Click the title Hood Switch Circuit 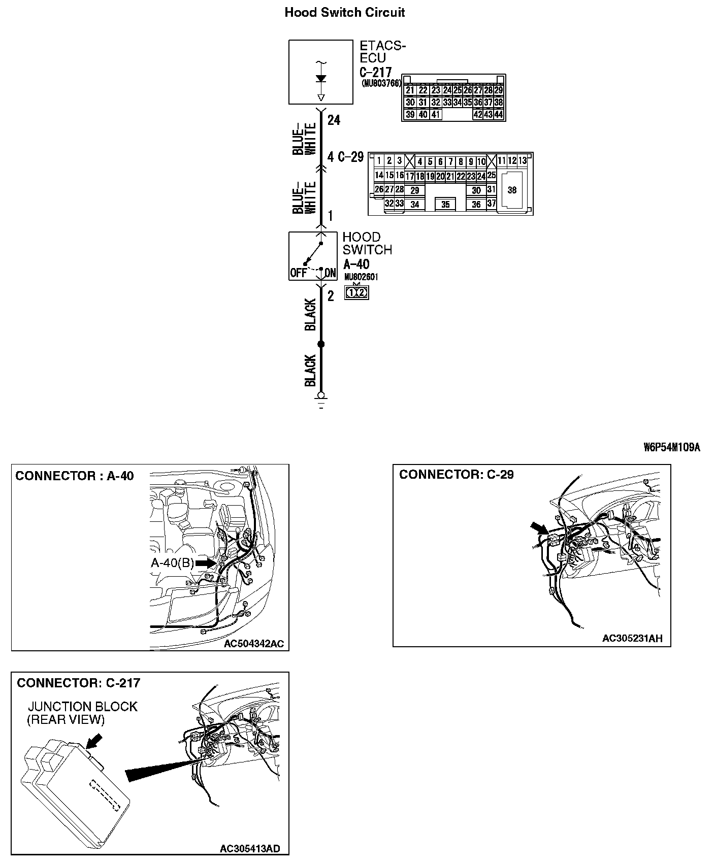coord(344,12)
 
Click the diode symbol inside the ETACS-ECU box coord(320,79)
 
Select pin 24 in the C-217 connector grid coord(447,90)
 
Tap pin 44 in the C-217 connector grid coord(498,115)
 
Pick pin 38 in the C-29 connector coord(512,190)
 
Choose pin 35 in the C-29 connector coord(445,205)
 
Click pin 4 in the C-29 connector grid coord(419,162)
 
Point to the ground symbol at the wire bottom coord(320,400)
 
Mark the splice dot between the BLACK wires coord(320,345)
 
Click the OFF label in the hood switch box coord(298,273)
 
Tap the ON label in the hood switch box coord(330,273)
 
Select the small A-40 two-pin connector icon coord(356,293)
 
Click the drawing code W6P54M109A coord(671,447)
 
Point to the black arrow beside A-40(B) coord(206,563)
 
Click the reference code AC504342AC coord(254,644)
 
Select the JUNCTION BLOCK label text coord(83,707)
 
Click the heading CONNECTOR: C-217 coord(78,683)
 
